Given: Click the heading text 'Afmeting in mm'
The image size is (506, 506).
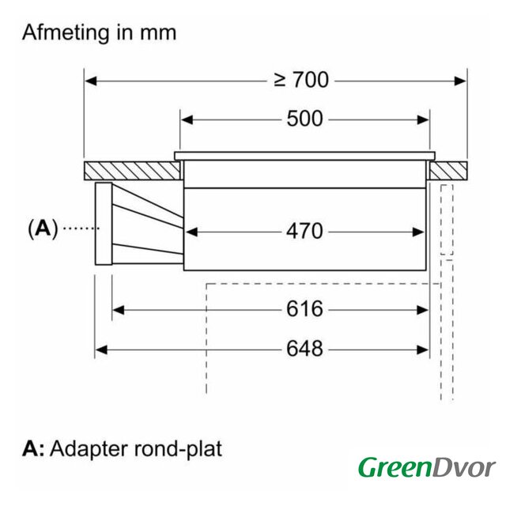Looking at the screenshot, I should [99, 33].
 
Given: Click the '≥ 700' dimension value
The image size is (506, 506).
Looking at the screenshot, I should [300, 80].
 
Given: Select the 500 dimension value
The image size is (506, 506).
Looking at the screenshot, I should [304, 119].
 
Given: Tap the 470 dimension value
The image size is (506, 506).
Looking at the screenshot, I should [304, 232].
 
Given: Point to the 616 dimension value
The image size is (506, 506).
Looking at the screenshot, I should [304, 309].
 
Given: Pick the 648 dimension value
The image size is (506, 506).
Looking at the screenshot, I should [304, 349].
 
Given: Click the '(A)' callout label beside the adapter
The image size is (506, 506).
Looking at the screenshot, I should [43, 229].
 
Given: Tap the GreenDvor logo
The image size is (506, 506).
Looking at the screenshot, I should [426, 468].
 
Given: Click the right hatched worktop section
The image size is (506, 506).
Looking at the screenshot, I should [448, 171].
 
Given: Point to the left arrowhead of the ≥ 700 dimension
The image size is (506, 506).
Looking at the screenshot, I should [90, 80].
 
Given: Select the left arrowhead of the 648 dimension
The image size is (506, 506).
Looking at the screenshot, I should [100, 349].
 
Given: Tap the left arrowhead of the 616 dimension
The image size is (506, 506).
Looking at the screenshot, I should [118, 309].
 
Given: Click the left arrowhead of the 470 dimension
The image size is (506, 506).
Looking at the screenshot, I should [191, 232].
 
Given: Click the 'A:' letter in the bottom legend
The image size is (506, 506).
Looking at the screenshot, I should [33, 449].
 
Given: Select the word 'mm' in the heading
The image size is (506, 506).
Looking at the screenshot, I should [158, 33].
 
